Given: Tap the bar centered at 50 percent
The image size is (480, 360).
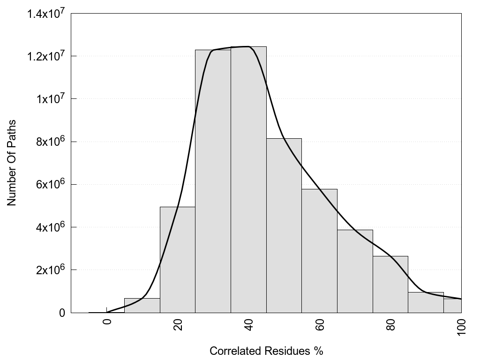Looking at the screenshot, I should click(284, 225).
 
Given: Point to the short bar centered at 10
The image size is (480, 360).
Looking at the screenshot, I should click(142, 305).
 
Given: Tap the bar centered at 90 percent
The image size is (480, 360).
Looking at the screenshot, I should click(426, 302).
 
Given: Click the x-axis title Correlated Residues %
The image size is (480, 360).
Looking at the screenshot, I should click(266, 351).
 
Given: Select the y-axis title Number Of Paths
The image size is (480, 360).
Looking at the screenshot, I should click(12, 163).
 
